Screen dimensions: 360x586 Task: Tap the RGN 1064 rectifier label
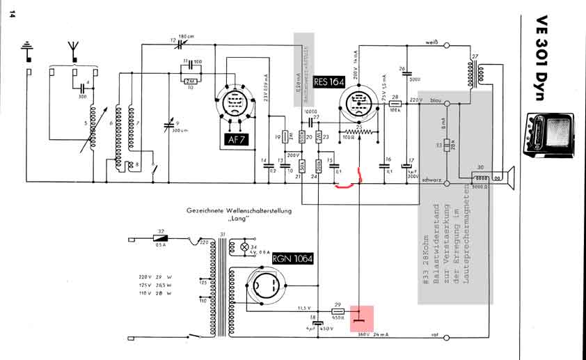point(293,260)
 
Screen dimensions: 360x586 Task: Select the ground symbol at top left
point(28,50)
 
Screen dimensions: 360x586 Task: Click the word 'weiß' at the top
point(431,43)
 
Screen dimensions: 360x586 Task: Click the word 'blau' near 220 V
point(436,100)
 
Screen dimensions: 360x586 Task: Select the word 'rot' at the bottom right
point(435,335)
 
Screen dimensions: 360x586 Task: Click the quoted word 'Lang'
point(238,219)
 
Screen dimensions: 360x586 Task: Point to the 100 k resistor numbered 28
point(395,103)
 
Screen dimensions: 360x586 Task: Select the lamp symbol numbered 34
point(244,247)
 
